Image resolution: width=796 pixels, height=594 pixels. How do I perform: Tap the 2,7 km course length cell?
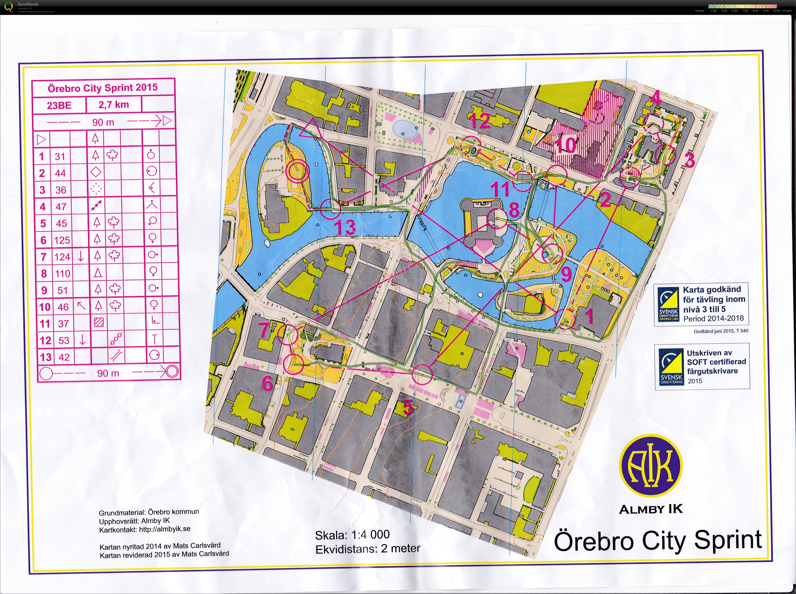(114, 105)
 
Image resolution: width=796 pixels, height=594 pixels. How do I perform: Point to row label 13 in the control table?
(45, 357)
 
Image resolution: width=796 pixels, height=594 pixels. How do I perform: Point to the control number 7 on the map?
(264, 330)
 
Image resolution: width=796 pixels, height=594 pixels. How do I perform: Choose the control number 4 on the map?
(656, 98)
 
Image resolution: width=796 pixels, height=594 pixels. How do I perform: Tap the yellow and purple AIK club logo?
(651, 466)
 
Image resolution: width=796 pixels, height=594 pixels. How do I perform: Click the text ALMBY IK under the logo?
(651, 509)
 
